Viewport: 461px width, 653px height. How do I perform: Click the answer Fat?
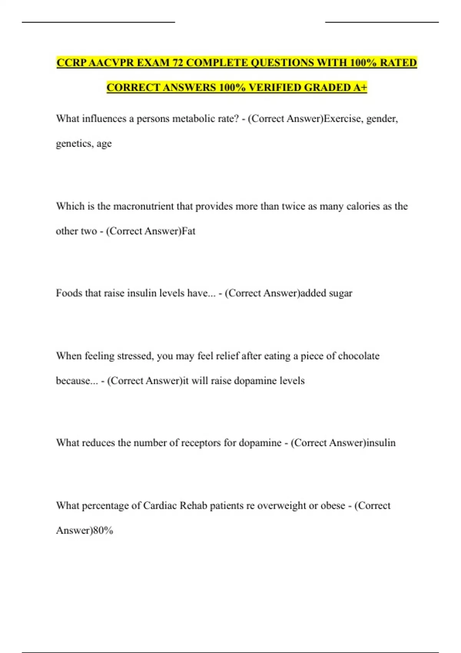[188, 231]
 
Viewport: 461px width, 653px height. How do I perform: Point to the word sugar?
[340, 293]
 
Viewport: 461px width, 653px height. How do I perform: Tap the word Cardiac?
[160, 505]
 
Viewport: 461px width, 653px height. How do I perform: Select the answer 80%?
[103, 530]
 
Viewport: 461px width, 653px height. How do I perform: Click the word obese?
[333, 505]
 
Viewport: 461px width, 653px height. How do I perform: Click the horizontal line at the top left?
[98, 22]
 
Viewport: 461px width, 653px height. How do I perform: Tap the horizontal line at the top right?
[381, 22]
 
